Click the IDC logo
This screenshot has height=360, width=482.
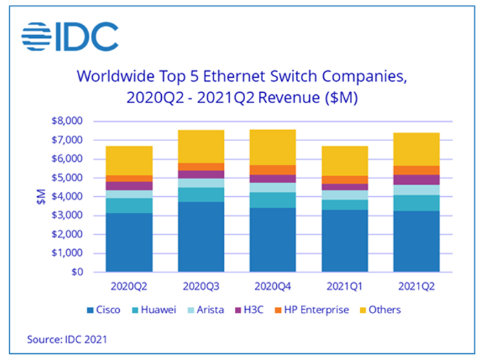pyautogui.click(x=70, y=36)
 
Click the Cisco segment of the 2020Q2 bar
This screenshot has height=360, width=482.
pyautogui.click(x=129, y=242)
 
